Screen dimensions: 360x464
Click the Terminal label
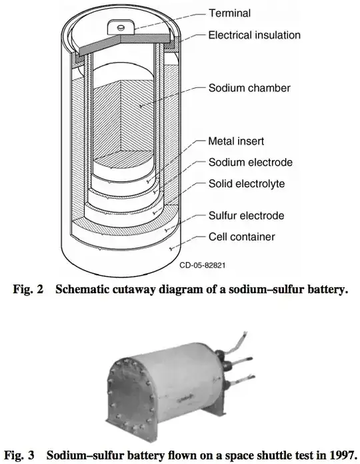point(229,13)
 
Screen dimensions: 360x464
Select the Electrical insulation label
point(255,35)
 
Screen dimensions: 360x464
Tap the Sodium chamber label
point(249,88)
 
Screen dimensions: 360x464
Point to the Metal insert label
point(236,141)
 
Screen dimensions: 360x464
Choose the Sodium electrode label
point(251,162)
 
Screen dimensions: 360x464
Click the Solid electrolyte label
point(247,184)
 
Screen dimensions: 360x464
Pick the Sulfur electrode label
point(247,215)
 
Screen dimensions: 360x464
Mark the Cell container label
point(242,237)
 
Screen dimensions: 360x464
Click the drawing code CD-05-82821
point(203,265)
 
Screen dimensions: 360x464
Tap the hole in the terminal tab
point(121,27)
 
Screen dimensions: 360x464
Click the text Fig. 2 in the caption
point(28,289)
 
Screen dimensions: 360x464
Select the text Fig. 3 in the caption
point(19,455)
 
